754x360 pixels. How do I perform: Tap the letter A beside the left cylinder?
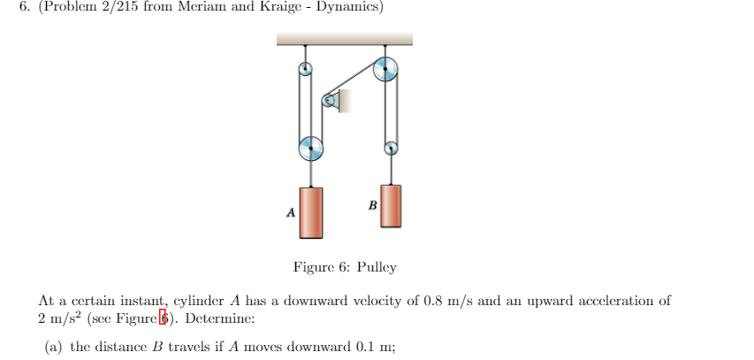pyautogui.click(x=290, y=212)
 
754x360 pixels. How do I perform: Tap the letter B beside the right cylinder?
pyautogui.click(x=372, y=205)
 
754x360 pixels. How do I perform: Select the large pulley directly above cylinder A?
pyautogui.click(x=311, y=149)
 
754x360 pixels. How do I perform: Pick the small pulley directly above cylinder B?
pyautogui.click(x=390, y=149)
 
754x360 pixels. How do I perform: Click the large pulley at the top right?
pyautogui.click(x=385, y=70)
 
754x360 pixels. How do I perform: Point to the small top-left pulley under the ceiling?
pyautogui.click(x=305, y=69)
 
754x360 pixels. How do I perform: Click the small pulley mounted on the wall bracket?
pyautogui.click(x=331, y=101)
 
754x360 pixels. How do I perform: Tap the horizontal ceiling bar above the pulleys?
pyautogui.click(x=344, y=39)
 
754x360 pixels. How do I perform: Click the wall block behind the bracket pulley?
pyautogui.click(x=345, y=101)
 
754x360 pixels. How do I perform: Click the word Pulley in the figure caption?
pyautogui.click(x=377, y=266)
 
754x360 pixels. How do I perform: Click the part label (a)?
pyautogui.click(x=54, y=346)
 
